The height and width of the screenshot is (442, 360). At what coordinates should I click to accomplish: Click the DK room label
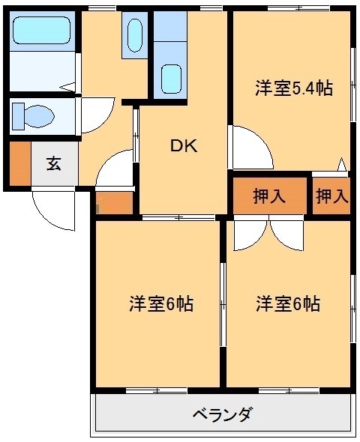point(183,146)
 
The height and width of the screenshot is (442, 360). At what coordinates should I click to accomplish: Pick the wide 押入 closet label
point(269,196)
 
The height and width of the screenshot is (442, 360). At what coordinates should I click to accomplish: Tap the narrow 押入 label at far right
point(331,196)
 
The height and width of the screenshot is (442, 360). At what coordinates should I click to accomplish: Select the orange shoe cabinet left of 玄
point(19,163)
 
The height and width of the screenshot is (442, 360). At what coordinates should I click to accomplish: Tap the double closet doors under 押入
point(268,234)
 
